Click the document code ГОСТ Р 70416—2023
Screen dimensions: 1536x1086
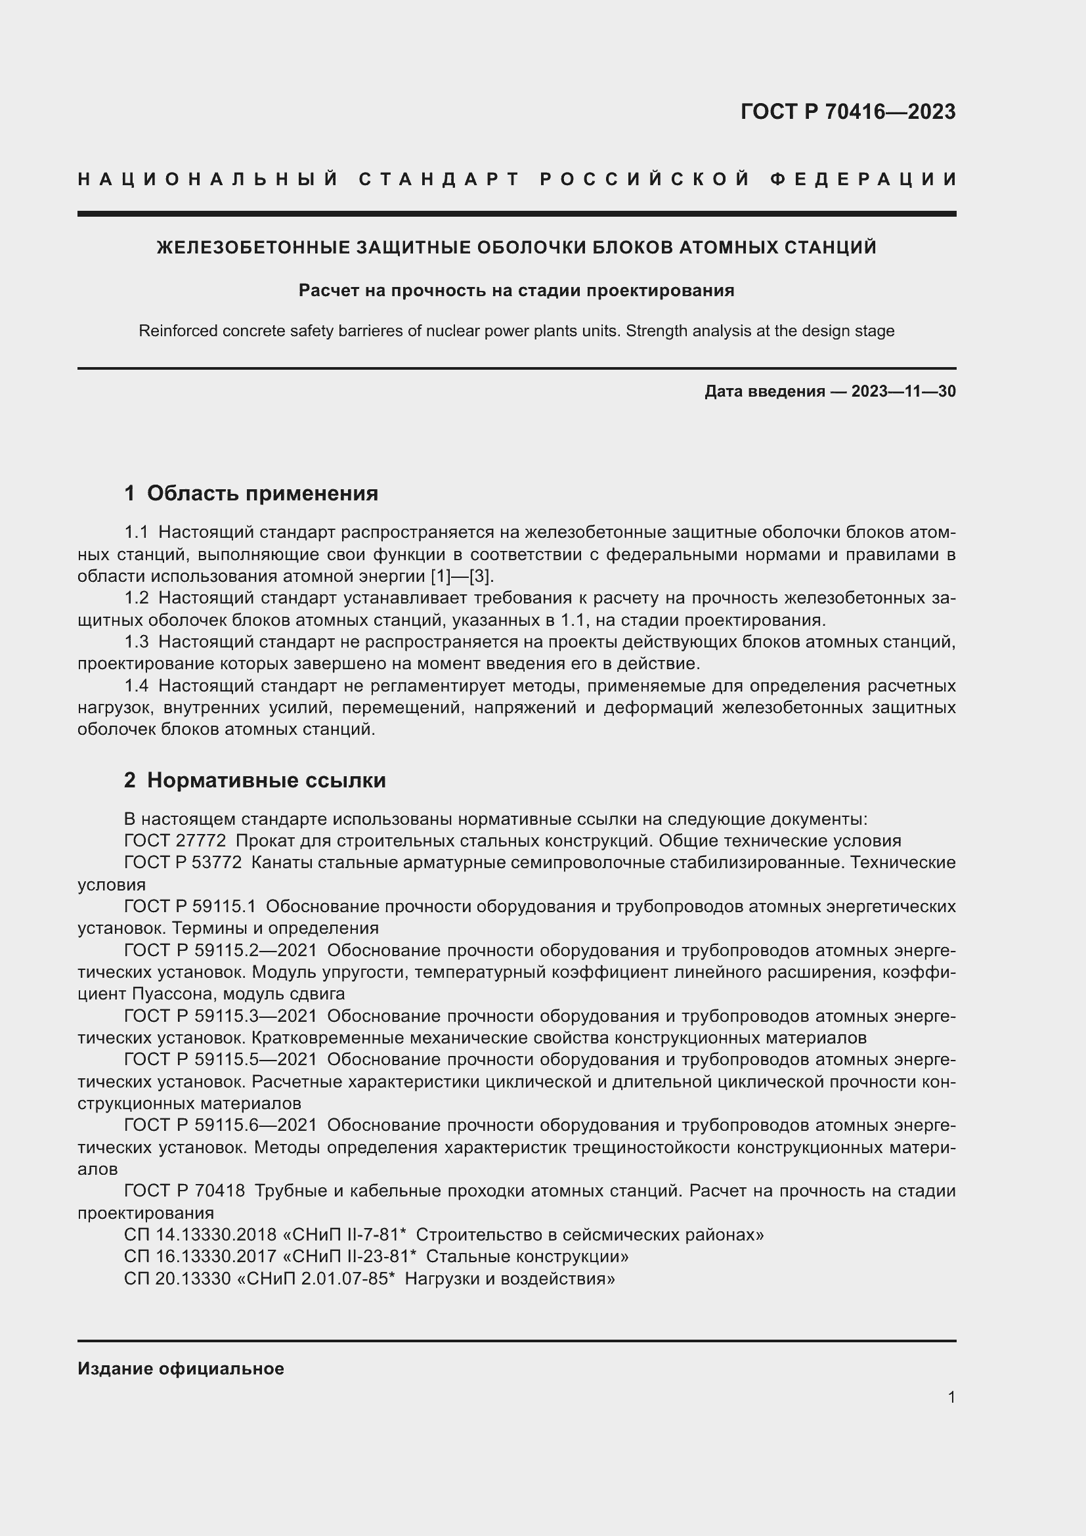pos(847,112)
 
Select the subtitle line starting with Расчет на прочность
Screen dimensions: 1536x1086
pos(515,290)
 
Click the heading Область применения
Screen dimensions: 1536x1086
pos(262,494)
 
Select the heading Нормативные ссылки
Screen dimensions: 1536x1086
pos(266,780)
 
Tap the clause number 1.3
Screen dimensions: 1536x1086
pos(137,642)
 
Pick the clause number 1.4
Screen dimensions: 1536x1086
pos(137,686)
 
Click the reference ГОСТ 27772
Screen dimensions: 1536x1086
pos(175,841)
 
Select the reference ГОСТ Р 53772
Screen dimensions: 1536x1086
pos(183,863)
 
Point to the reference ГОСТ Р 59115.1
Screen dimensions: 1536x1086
pos(190,906)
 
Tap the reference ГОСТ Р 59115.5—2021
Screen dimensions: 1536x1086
pos(221,1060)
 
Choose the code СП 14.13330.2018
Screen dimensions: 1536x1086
pos(200,1235)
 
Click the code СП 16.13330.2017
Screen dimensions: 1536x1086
pos(200,1256)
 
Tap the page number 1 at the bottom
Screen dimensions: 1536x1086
pos(951,1397)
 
